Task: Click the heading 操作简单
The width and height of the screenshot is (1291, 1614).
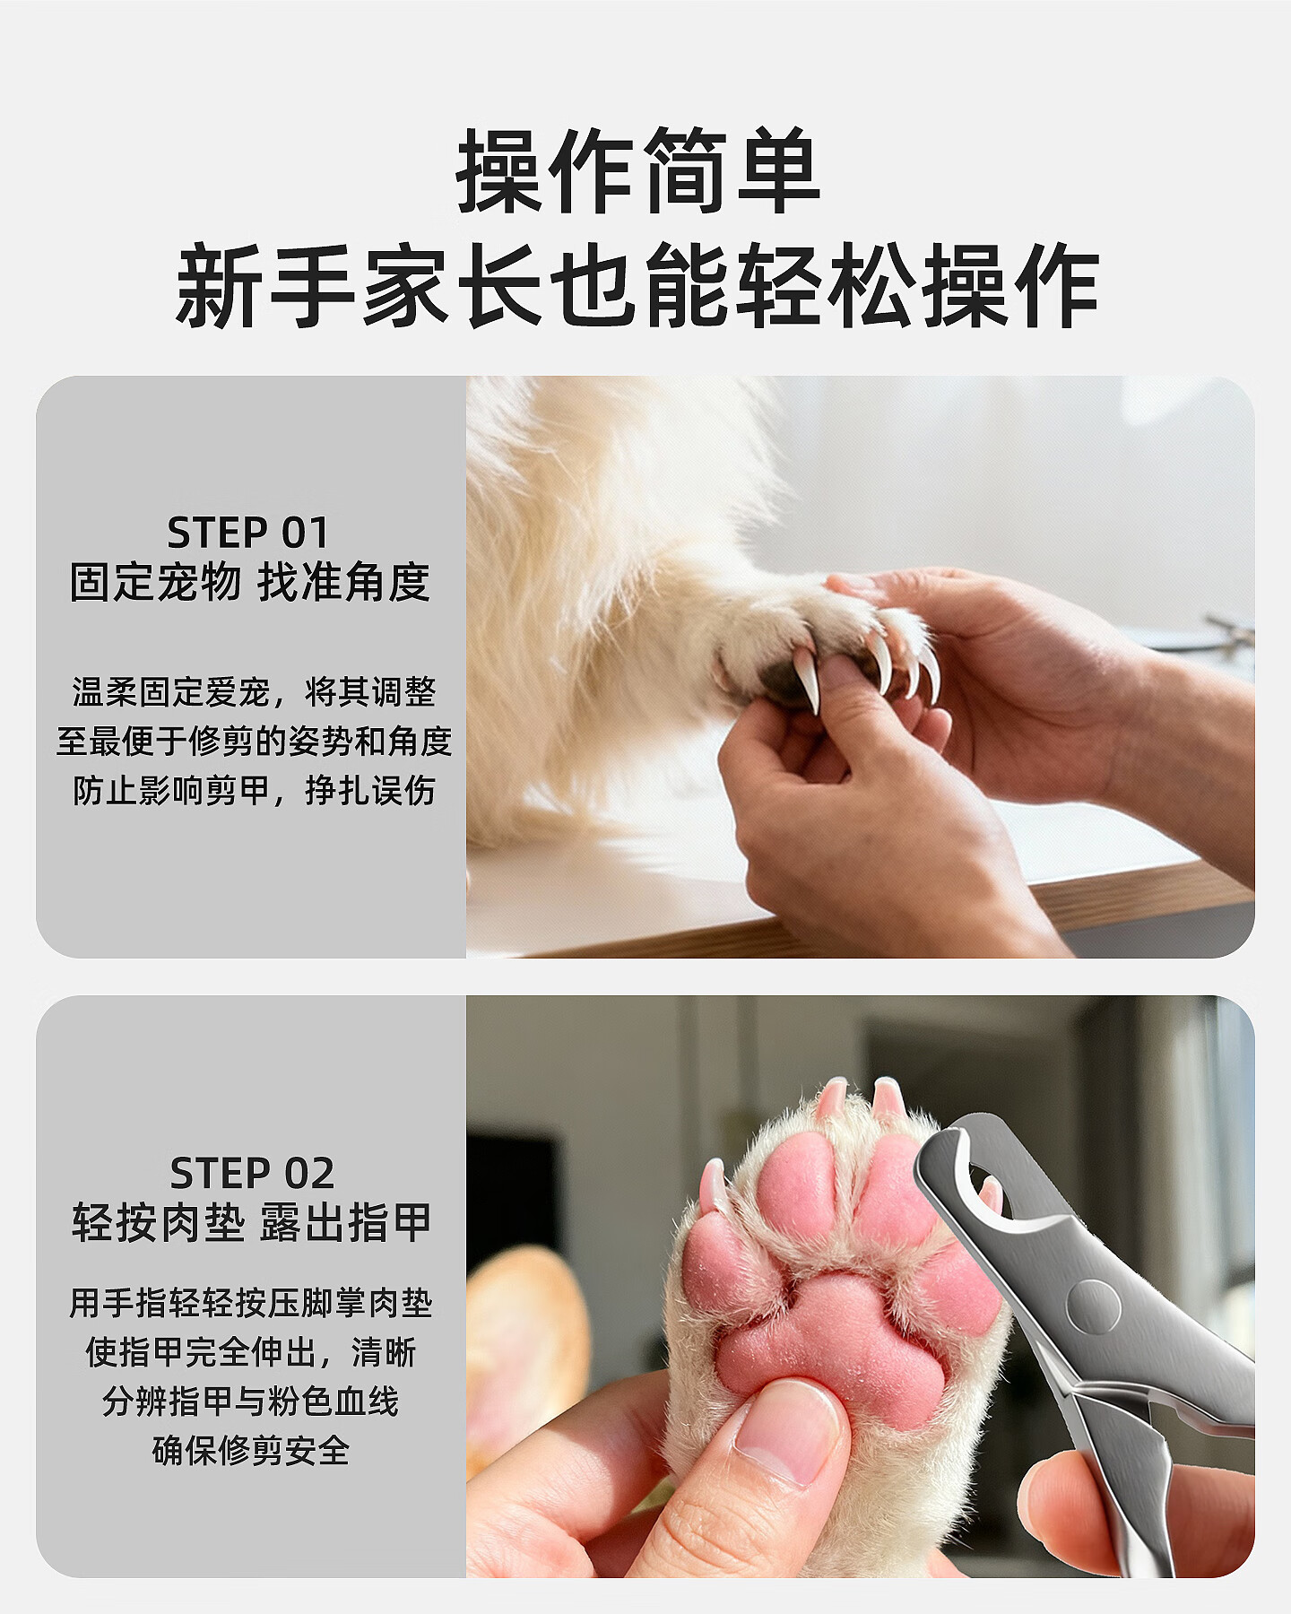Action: [638, 170]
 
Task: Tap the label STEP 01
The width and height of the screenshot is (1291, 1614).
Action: [249, 533]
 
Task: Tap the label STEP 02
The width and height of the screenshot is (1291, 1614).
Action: [252, 1173]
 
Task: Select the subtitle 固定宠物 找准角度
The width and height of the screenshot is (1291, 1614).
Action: [250, 583]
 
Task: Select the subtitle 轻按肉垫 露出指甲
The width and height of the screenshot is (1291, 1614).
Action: [252, 1223]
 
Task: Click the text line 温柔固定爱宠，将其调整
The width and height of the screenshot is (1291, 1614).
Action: [254, 692]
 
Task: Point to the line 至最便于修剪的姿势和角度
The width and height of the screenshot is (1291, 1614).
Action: [254, 742]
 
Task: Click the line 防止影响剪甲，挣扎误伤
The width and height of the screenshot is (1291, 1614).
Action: [254, 791]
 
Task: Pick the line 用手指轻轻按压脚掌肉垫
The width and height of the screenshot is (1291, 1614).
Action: [251, 1303]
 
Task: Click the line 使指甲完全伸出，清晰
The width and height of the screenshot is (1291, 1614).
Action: [251, 1352]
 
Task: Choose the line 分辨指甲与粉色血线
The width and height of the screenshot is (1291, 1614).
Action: [251, 1401]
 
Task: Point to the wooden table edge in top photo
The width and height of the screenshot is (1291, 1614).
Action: [861, 915]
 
